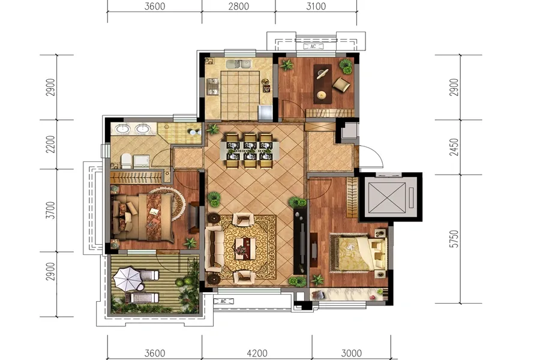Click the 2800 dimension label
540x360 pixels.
pyautogui.click(x=238, y=6)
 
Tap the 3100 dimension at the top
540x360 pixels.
pyautogui.click(x=316, y=6)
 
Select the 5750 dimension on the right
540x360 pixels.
pyautogui.click(x=454, y=239)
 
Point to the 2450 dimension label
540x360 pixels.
pyautogui.click(x=454, y=147)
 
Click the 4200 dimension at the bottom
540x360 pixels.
pyautogui.click(x=257, y=353)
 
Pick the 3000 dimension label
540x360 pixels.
pyautogui.click(x=351, y=353)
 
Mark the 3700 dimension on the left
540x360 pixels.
pyautogui.click(x=50, y=210)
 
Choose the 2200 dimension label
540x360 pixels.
pyautogui.click(x=50, y=145)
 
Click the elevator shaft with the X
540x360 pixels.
pyautogui.click(x=387, y=197)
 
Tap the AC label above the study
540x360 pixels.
pyautogui.click(x=313, y=46)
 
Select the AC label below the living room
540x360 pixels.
pyautogui.click(x=223, y=301)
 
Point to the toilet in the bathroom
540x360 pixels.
pyautogui.click(x=126, y=161)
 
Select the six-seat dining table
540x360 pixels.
pyautogui.click(x=250, y=151)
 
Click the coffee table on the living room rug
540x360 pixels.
pyautogui.click(x=245, y=247)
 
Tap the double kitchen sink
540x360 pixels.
pyautogui.click(x=238, y=64)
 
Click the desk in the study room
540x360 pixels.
pyautogui.click(x=323, y=84)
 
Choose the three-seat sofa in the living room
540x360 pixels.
pyautogui.click(x=213, y=248)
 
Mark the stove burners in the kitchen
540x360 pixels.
pyautogui.click(x=212, y=86)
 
